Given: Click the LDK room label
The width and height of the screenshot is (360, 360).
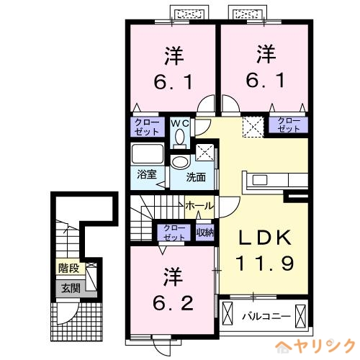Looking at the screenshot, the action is (x=265, y=238).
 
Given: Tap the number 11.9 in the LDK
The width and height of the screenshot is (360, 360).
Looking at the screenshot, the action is (x=265, y=264).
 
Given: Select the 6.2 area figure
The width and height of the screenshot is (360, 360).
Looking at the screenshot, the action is (x=173, y=303).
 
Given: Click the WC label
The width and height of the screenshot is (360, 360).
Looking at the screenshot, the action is (x=180, y=123).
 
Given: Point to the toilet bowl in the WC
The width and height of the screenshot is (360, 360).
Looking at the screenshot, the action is (x=179, y=138).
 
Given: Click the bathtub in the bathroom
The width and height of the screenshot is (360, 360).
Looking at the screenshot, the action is (x=148, y=154).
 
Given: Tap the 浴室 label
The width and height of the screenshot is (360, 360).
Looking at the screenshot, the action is (x=147, y=174).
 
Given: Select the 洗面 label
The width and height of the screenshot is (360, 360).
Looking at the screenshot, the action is (x=196, y=177).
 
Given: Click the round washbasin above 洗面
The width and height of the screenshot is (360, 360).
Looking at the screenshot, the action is (x=181, y=162).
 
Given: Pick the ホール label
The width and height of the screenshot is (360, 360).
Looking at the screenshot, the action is (x=199, y=206).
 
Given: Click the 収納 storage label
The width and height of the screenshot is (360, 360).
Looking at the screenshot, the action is (x=205, y=232).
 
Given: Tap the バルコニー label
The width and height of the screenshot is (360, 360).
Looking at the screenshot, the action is (x=266, y=317).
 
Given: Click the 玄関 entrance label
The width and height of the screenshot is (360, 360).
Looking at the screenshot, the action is (x=71, y=288).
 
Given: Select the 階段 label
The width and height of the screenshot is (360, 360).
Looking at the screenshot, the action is (x=69, y=268).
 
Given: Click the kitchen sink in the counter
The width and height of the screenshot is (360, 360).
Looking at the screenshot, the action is (x=260, y=180).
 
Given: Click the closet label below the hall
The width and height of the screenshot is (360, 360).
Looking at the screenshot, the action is (x=174, y=233).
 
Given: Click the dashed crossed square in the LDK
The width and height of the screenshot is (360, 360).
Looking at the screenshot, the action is (x=253, y=127).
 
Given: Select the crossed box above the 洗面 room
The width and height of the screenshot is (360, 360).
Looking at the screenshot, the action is (x=204, y=153).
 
